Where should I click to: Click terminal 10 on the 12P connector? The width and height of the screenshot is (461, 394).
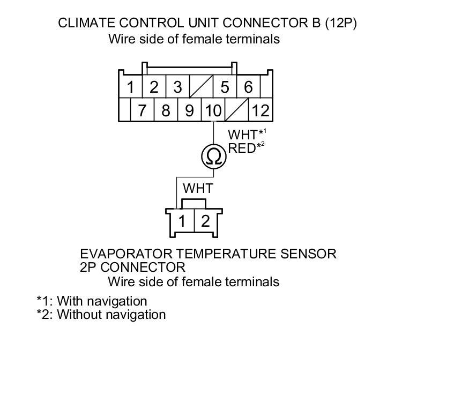click(213, 111)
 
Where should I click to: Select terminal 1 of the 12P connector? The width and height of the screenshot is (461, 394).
click(130, 87)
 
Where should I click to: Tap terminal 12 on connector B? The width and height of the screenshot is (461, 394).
click(261, 111)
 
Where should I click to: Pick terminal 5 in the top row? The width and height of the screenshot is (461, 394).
click(225, 87)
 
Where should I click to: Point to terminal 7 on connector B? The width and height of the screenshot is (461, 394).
click(142, 111)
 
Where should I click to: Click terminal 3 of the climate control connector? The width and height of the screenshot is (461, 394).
click(178, 87)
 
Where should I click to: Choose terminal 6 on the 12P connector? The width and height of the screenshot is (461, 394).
click(248, 87)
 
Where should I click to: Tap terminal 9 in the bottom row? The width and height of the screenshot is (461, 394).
click(190, 111)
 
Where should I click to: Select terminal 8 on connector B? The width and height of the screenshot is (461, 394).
click(166, 111)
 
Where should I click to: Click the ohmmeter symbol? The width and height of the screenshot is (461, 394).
click(213, 157)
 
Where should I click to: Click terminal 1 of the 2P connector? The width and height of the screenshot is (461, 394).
click(183, 221)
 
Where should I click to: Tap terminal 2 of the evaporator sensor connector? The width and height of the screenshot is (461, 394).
click(205, 221)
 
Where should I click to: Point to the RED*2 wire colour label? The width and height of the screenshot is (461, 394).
click(244, 148)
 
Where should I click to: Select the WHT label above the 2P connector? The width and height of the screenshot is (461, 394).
click(198, 189)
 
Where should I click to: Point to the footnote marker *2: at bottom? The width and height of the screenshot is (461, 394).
click(45, 315)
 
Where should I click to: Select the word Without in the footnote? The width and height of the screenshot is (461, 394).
click(79, 315)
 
